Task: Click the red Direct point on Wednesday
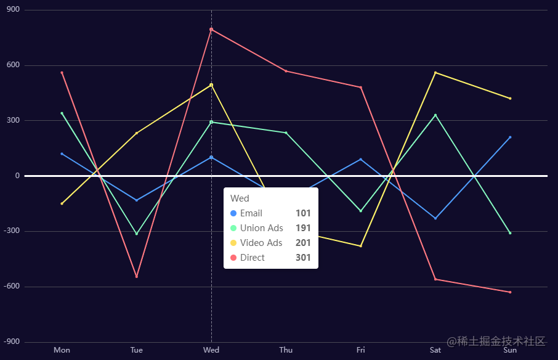click(x=211, y=30)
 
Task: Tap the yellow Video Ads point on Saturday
click(x=435, y=73)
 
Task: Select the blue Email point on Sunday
click(x=510, y=137)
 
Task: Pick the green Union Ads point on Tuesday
click(x=137, y=234)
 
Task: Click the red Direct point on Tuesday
click(x=137, y=276)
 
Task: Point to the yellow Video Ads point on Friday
click(x=361, y=246)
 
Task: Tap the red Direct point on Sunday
click(x=510, y=292)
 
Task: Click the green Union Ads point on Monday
click(x=62, y=113)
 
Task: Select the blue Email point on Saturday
click(x=435, y=218)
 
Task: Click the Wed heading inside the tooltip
click(x=240, y=198)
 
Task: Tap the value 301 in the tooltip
click(x=303, y=258)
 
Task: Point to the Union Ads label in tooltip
click(x=262, y=228)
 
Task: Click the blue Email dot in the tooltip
click(x=233, y=213)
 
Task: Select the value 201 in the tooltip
click(x=303, y=243)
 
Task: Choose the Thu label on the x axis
click(x=286, y=350)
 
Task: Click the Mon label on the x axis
click(x=62, y=350)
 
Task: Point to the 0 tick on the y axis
click(x=17, y=176)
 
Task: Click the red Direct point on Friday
click(x=361, y=88)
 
